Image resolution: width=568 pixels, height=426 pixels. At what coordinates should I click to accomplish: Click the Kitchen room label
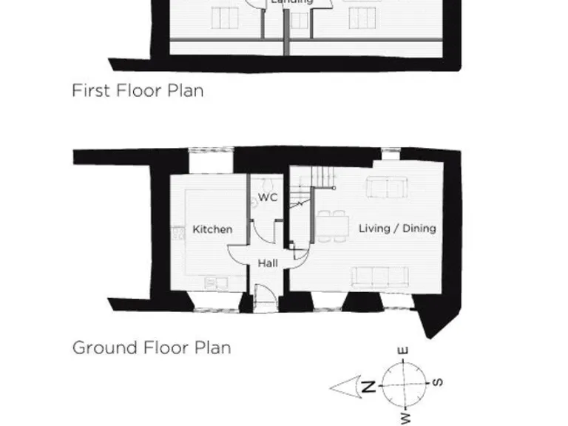coord(212,229)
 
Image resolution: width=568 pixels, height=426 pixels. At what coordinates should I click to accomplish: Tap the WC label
coord(267,197)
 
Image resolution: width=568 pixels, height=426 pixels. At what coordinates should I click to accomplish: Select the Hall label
coord(267,263)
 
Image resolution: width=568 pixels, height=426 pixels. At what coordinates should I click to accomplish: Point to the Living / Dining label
coord(397,229)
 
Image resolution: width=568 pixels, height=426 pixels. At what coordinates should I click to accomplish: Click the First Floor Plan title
coord(138,91)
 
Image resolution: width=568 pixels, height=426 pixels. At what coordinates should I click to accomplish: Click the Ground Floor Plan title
coord(151,348)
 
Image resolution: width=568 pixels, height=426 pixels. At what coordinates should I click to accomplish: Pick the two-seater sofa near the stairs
coord(386,189)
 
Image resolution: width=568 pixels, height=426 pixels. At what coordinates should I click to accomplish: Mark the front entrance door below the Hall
coord(263,300)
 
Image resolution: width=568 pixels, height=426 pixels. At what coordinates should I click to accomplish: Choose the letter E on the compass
coord(404,351)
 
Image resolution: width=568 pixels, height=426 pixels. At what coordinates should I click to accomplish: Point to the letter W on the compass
coord(405,419)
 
